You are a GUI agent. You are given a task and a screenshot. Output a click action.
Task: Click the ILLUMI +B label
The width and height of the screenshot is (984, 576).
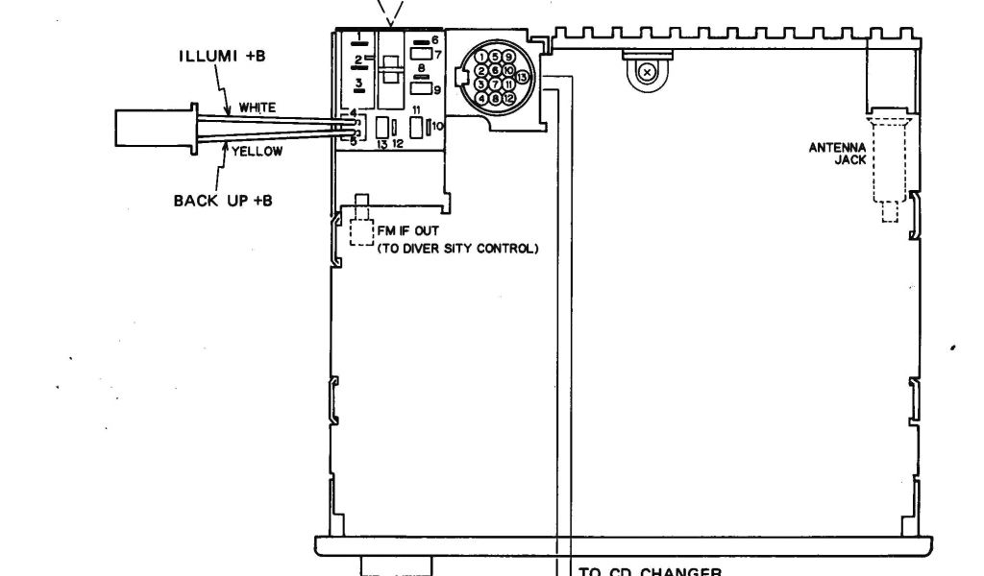[x=222, y=55]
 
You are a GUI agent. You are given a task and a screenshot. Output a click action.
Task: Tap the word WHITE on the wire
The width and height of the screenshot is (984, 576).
[x=257, y=108]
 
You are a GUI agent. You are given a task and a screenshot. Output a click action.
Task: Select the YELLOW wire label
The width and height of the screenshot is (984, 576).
[x=257, y=152]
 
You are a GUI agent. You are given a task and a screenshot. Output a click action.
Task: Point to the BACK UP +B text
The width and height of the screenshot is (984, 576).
[x=222, y=201]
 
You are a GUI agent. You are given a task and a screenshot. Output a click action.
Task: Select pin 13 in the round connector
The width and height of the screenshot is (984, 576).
[x=522, y=77]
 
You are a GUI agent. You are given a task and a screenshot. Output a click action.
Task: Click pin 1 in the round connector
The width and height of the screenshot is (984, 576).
[x=482, y=57]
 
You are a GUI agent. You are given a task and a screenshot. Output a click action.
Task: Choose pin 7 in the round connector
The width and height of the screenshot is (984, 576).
[x=496, y=84]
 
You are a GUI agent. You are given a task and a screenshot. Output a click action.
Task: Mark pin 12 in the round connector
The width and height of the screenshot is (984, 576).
[x=509, y=98]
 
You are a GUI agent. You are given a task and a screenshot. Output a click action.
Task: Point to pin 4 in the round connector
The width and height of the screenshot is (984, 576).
[x=482, y=98]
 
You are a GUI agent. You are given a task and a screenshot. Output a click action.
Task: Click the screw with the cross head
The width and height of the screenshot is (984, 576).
[x=648, y=72]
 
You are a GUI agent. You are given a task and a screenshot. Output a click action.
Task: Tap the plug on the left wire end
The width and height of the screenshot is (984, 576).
[x=155, y=129]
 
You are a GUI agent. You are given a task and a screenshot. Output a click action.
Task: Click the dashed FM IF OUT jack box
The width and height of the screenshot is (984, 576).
[x=361, y=233]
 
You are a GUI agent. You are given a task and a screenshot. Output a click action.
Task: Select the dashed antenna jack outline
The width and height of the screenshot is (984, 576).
[x=889, y=163]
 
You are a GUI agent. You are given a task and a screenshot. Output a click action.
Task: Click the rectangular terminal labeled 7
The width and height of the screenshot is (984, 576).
[x=421, y=55]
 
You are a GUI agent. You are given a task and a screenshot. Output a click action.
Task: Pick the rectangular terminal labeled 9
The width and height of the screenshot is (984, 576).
[x=421, y=89]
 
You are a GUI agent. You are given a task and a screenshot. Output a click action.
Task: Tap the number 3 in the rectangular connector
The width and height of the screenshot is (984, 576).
[x=357, y=85]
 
